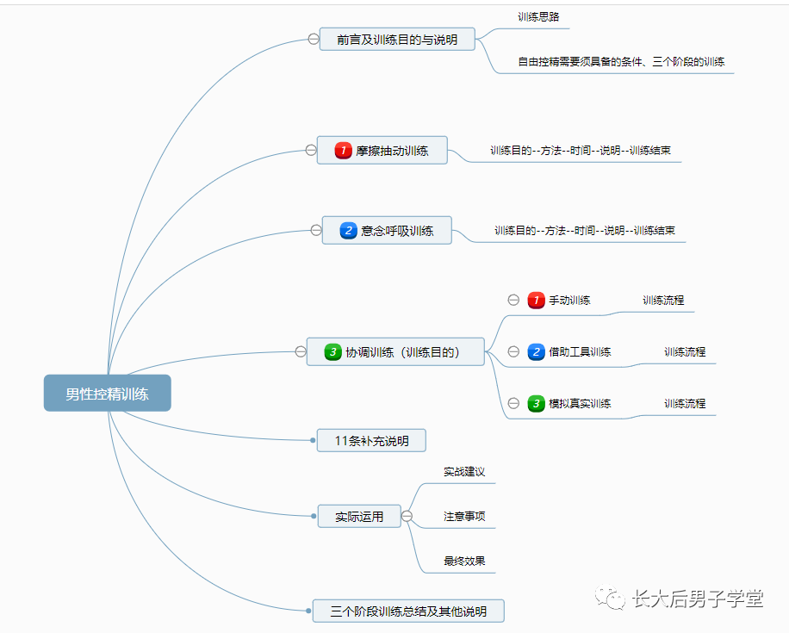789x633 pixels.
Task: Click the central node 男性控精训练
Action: tap(107, 393)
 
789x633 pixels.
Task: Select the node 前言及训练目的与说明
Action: tap(397, 40)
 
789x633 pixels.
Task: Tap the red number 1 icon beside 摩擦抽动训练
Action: tap(343, 151)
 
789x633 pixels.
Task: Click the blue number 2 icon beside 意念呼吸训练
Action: tap(348, 231)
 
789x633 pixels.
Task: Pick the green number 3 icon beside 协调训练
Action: tap(332, 351)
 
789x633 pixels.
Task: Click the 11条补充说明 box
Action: tap(371, 441)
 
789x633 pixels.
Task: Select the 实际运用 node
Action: tap(359, 516)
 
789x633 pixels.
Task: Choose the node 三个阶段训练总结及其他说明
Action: tap(408, 611)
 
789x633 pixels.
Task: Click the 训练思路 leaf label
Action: tap(538, 16)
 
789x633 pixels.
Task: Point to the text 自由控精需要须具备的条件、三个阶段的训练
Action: tap(621, 61)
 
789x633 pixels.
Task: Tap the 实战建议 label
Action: tap(464, 471)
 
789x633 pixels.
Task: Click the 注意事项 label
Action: tap(464, 516)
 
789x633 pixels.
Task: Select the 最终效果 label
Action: tap(464, 561)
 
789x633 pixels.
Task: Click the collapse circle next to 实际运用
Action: tap(407, 516)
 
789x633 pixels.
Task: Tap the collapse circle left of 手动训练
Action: tap(513, 300)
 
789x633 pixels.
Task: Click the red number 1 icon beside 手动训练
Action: tap(536, 301)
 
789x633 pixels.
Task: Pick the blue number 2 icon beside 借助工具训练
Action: tap(536, 351)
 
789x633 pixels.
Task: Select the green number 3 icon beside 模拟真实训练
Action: tap(536, 404)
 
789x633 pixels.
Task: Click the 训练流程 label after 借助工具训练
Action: tap(685, 351)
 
